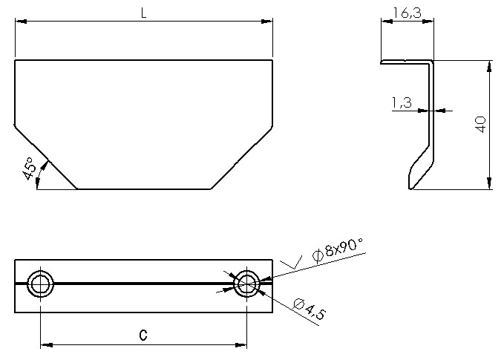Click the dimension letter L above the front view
click(143, 13)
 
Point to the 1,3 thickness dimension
click(402, 103)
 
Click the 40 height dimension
click(480, 125)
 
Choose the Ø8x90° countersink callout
click(338, 250)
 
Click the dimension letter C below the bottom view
click(143, 336)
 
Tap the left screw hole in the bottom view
click(40, 283)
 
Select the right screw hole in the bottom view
click(246, 283)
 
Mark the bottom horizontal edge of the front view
click(144, 189)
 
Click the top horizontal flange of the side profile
click(405, 62)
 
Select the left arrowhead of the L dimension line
click(20, 22)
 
